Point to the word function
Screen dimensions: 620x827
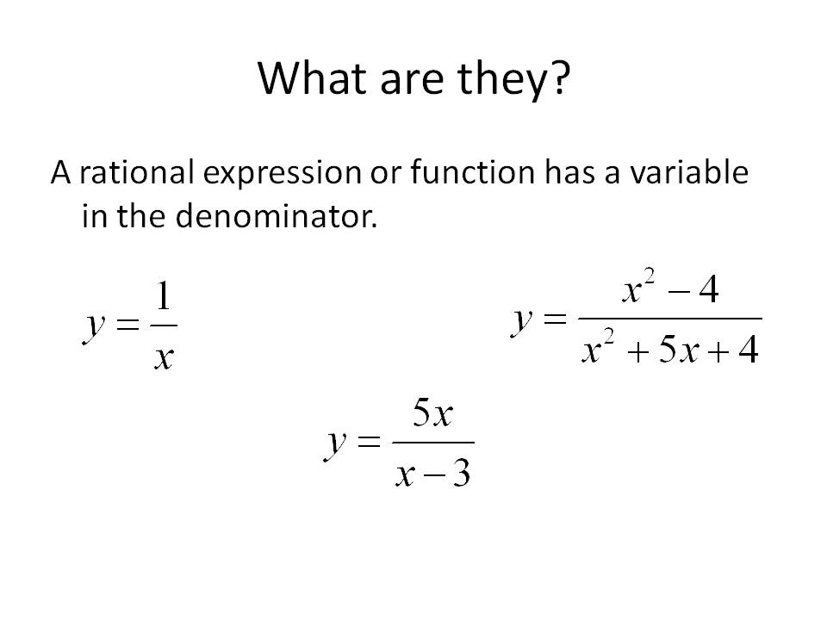(462, 173)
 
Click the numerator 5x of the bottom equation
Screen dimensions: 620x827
(432, 417)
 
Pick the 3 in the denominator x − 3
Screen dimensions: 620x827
(461, 472)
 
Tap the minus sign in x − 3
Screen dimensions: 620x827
(433, 474)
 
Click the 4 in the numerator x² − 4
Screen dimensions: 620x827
(708, 290)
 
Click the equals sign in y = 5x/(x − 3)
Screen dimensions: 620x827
(368, 444)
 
